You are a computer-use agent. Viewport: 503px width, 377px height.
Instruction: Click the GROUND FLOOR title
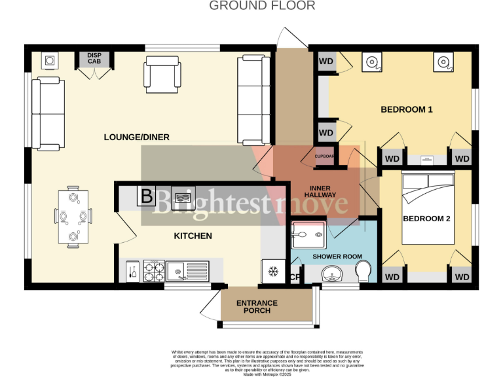point(262,6)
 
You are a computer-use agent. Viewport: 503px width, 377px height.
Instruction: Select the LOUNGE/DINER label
point(136,137)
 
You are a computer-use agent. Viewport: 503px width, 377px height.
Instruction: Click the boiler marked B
point(146,196)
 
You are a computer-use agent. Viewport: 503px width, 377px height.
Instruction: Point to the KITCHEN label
point(193,236)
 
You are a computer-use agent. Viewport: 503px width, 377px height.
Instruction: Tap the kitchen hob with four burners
point(153,270)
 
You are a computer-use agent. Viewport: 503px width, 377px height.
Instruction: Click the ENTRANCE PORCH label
point(257,307)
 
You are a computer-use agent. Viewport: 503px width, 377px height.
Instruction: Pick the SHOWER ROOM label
point(337,257)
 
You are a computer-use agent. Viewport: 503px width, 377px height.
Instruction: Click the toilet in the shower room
point(363,270)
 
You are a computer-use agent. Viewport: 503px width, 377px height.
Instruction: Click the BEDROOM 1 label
point(407,109)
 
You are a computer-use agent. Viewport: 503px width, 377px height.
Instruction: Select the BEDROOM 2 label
point(426,219)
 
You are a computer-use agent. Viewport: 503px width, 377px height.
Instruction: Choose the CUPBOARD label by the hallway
point(325,156)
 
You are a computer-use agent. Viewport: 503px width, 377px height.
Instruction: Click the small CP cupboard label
point(294,277)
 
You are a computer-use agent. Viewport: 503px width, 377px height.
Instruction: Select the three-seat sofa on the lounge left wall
point(48,112)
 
